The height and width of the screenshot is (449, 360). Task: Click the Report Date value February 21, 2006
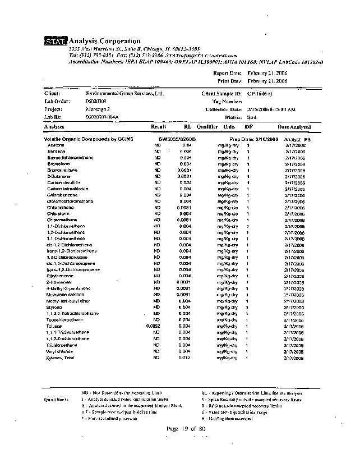[x=267, y=74]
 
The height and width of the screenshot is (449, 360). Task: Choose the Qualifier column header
[x=207, y=127]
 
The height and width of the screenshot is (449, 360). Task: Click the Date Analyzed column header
[x=294, y=127]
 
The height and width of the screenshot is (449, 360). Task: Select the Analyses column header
[x=54, y=127]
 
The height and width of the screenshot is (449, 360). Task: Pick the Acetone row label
[x=56, y=145]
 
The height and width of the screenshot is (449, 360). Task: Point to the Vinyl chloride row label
[x=60, y=351]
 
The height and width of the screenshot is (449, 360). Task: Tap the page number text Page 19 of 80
[x=187, y=429]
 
